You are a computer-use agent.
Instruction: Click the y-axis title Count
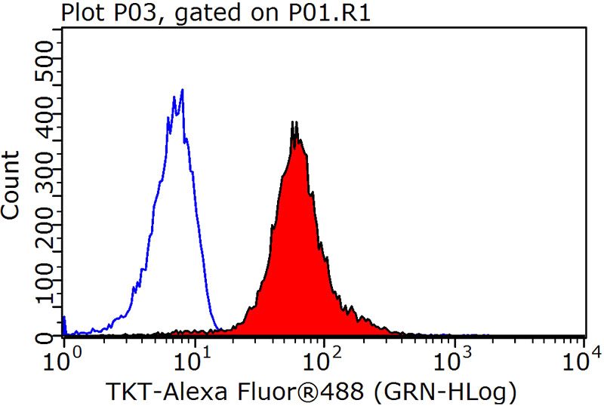pos(13,185)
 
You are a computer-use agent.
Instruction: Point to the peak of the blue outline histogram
pos(182,90)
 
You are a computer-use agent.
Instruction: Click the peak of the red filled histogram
pos(294,122)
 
